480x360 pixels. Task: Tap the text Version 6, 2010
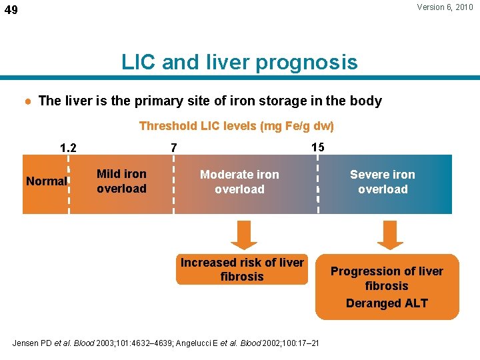(x=445, y=7)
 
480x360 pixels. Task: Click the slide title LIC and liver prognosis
(x=239, y=63)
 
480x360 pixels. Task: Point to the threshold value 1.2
(x=69, y=147)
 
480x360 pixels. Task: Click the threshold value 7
(x=173, y=147)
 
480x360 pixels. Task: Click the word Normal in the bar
(x=46, y=181)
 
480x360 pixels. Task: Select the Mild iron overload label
(x=121, y=181)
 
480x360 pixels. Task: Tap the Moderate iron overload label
(x=239, y=182)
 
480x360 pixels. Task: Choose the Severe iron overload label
(x=383, y=182)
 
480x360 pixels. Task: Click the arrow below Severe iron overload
(x=389, y=234)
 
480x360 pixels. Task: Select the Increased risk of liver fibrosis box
(x=242, y=269)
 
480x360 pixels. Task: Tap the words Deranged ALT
(x=387, y=303)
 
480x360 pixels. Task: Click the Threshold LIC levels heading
(x=236, y=126)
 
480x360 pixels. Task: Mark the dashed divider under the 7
(x=173, y=184)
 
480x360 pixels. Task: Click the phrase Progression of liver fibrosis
(x=387, y=278)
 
